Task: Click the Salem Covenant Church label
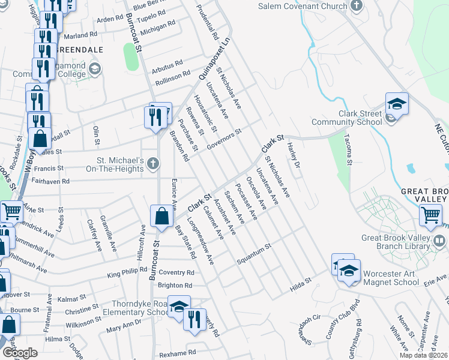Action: [x=303, y=7]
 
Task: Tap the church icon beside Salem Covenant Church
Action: [x=357, y=7]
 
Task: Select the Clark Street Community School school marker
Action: [x=397, y=104]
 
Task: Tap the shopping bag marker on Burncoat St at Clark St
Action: [x=161, y=217]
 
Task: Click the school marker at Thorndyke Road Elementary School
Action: [x=179, y=307]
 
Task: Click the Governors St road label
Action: [x=223, y=140]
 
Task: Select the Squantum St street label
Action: [x=254, y=254]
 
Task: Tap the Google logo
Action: [x=20, y=353]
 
